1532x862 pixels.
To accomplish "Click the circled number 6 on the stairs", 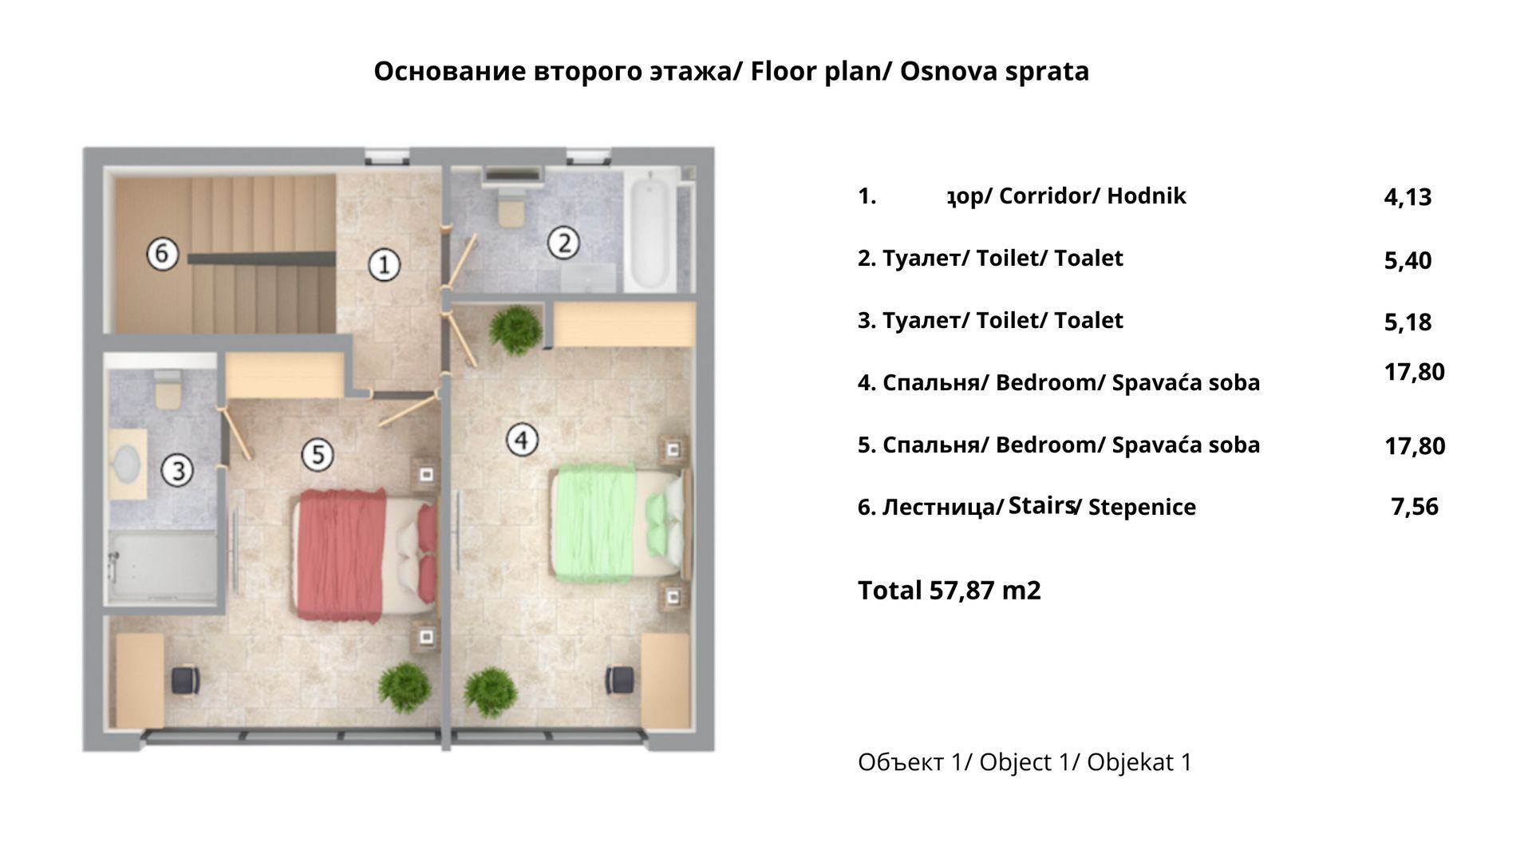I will pyautogui.click(x=162, y=254).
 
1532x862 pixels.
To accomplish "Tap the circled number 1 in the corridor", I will pyautogui.click(x=384, y=264).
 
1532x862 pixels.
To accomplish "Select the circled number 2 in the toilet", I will pyautogui.click(x=563, y=243).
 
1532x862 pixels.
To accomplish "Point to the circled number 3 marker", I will pyautogui.click(x=177, y=469).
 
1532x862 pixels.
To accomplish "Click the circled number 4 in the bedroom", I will pyautogui.click(x=522, y=439).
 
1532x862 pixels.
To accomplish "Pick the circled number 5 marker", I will pyautogui.click(x=318, y=454).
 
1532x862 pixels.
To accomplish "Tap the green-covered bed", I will pyautogui.click(x=618, y=523).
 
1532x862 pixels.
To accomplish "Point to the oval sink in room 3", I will pyautogui.click(x=128, y=462).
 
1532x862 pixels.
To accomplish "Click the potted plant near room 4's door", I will pyautogui.click(x=515, y=330).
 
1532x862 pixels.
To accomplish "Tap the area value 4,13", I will pyautogui.click(x=1408, y=197).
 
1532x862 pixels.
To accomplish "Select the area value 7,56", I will pyautogui.click(x=1414, y=507).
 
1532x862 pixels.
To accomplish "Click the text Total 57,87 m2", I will pyautogui.click(x=949, y=591).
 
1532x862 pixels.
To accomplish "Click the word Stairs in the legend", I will pyautogui.click(x=1041, y=505).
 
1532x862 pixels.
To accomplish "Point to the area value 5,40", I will pyautogui.click(x=1408, y=260).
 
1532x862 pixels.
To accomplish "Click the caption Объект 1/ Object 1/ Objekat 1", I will pyautogui.click(x=1025, y=762).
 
